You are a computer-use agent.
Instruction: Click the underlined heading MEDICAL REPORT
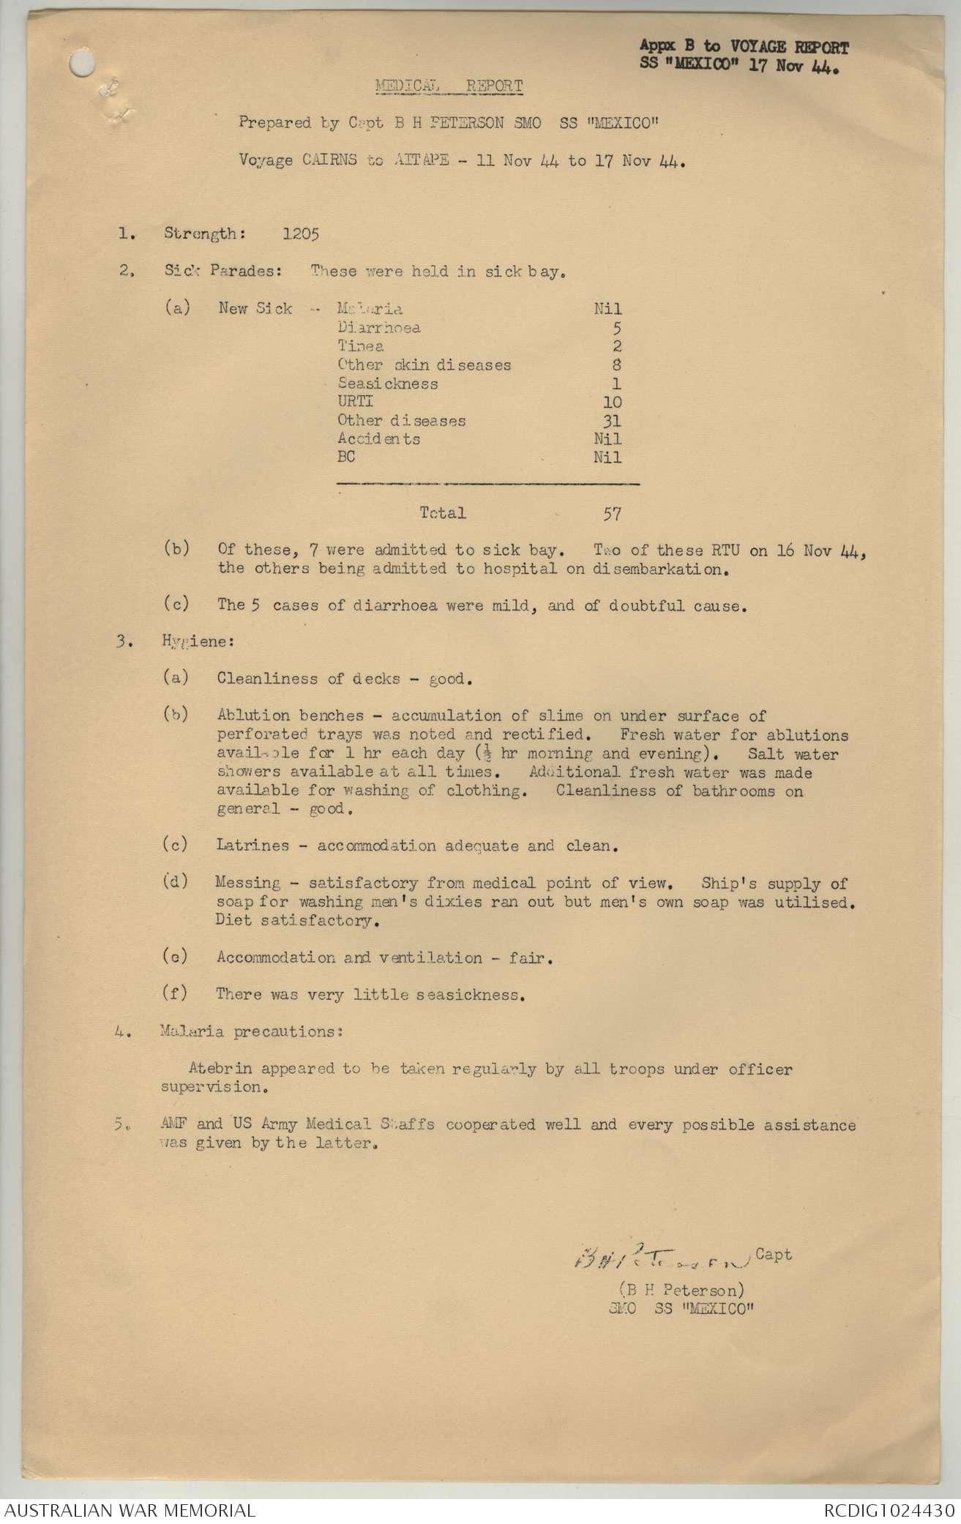click(x=449, y=86)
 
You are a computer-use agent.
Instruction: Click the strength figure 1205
click(x=301, y=234)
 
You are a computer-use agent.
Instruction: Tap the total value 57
click(x=613, y=514)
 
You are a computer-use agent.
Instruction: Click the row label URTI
click(x=355, y=402)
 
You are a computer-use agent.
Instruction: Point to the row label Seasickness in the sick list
click(x=387, y=384)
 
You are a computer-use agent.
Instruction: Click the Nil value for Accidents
click(x=607, y=439)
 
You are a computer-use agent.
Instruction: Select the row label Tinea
click(x=360, y=346)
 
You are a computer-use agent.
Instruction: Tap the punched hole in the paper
click(x=83, y=65)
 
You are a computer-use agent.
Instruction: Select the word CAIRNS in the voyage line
click(x=329, y=160)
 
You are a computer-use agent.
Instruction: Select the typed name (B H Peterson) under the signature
click(x=681, y=1290)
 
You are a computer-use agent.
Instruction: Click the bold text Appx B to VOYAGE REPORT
click(x=744, y=48)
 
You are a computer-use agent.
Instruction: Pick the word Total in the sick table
click(x=443, y=513)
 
